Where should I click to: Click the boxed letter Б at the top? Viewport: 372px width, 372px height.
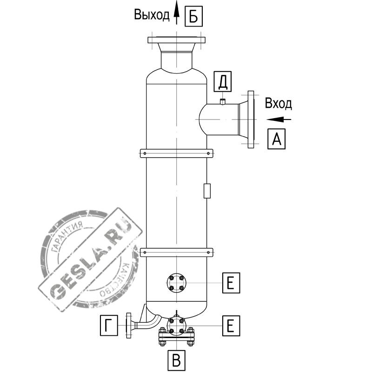193,16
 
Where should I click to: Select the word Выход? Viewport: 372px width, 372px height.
152,15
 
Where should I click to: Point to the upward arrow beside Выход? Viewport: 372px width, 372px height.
176,12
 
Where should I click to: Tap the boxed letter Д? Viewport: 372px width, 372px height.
223,81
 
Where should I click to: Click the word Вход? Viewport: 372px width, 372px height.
278,103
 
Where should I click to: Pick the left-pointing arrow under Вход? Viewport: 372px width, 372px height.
279,119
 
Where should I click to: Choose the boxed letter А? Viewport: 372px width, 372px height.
276,139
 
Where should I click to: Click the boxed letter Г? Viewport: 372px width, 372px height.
109,325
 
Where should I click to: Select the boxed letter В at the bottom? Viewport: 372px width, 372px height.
176,360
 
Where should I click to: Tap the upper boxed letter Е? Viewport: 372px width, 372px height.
231,283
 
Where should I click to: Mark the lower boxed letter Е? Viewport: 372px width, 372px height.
231,325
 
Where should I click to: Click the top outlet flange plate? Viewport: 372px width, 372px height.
177,40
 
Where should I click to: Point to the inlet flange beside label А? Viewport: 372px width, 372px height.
251,120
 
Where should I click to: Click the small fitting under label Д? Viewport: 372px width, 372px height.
223,101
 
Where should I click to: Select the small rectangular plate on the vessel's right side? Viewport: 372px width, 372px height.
207,191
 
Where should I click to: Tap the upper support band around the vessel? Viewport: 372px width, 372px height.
177,153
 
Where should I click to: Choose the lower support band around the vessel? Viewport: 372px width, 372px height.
177,252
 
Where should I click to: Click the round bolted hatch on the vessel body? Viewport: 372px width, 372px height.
177,283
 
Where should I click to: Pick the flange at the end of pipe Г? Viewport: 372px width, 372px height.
129,325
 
